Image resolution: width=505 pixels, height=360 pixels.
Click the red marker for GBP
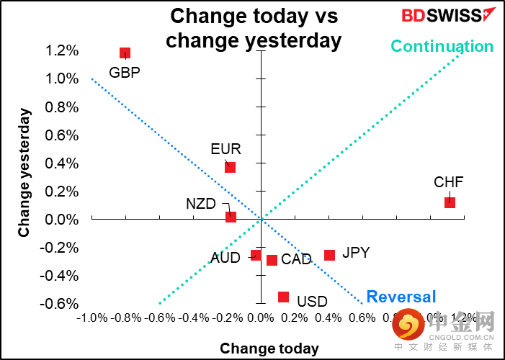(x=125, y=53)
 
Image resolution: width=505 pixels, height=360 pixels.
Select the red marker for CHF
(x=450, y=202)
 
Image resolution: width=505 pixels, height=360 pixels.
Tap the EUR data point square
(x=230, y=167)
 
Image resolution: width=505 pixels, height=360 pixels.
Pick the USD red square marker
(x=283, y=297)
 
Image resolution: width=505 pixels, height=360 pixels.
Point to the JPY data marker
(x=329, y=255)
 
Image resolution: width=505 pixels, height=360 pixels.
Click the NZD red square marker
(x=231, y=216)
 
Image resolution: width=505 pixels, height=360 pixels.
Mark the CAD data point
(x=272, y=260)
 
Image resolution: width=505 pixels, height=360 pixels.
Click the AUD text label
(x=225, y=258)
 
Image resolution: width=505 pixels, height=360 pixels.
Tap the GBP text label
(x=124, y=72)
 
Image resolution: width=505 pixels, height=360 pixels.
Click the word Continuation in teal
(x=442, y=47)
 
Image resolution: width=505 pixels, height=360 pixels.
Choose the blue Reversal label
(x=401, y=297)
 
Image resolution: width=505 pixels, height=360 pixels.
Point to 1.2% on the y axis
(x=62, y=50)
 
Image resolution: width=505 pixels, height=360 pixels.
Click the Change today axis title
(x=269, y=348)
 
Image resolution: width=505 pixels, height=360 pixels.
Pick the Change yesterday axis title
(x=24, y=173)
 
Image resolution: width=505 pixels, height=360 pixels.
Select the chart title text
(x=254, y=28)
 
